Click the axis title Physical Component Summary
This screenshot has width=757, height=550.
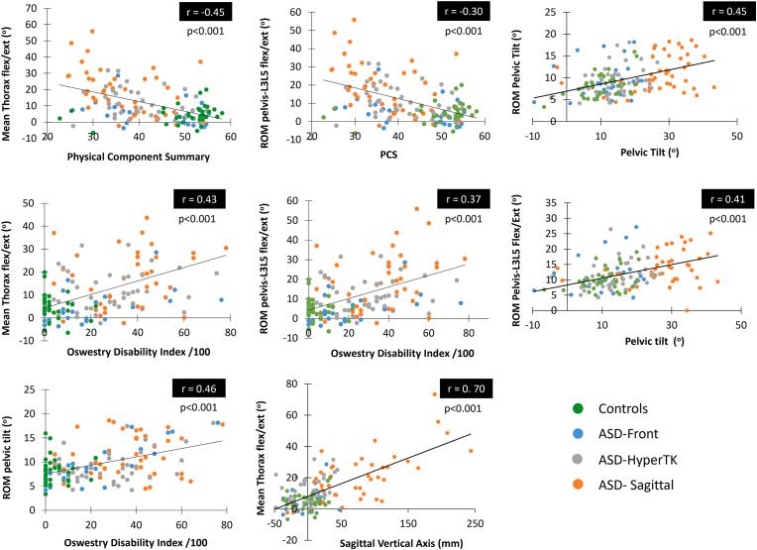(x=135, y=156)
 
